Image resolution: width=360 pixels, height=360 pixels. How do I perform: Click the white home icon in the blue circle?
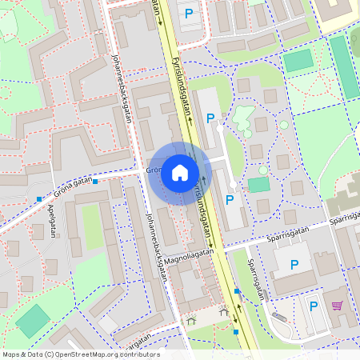tap(179, 172)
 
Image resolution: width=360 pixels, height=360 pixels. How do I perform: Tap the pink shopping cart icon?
tap(337, 306)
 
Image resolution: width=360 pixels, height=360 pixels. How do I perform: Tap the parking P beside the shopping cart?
tap(313, 306)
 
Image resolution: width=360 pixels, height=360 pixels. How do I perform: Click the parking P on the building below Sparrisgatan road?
tap(294, 264)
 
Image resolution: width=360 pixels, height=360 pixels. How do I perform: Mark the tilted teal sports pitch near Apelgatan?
tap(33, 321)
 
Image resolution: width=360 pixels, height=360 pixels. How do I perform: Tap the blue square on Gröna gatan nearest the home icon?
tap(95, 182)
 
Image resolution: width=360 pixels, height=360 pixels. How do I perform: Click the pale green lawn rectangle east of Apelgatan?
tap(93, 228)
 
